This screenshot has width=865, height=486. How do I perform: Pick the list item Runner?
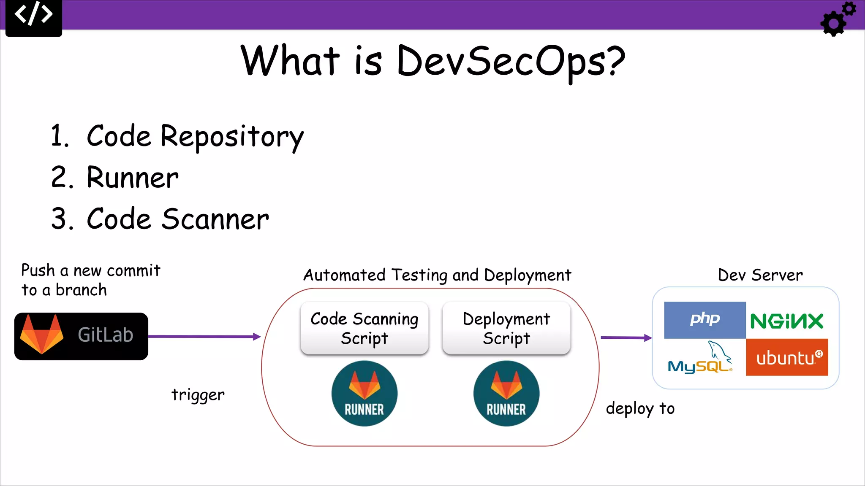coord(132,178)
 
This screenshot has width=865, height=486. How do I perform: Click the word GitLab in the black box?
coord(106,335)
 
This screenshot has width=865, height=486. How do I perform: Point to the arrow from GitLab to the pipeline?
coord(204,337)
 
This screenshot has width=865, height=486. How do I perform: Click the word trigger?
coord(198,395)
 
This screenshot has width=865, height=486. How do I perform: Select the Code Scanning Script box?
coord(364,328)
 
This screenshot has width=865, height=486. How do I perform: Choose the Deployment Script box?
coord(506,328)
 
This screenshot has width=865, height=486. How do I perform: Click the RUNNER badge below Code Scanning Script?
coord(364,393)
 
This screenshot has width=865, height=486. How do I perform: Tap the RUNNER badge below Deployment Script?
coord(506,393)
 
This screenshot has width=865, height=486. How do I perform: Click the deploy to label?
coord(640,408)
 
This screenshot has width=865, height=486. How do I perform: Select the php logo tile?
coord(705,320)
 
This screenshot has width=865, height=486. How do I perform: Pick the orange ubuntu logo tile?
coord(786,357)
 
